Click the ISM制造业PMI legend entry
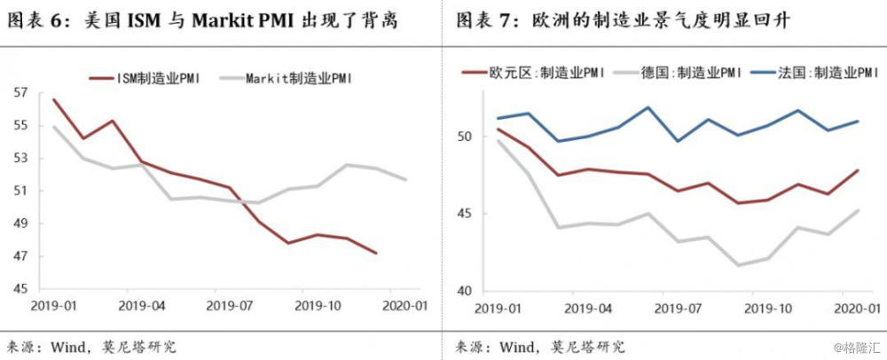[x=161, y=78]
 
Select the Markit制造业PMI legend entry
[x=299, y=78]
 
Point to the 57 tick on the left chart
[x=21, y=92]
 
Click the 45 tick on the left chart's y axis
[x=21, y=289]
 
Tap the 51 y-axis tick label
[x=21, y=191]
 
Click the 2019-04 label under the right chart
[x=587, y=308]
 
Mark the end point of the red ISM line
[x=376, y=254]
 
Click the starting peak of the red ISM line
[x=53, y=99]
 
